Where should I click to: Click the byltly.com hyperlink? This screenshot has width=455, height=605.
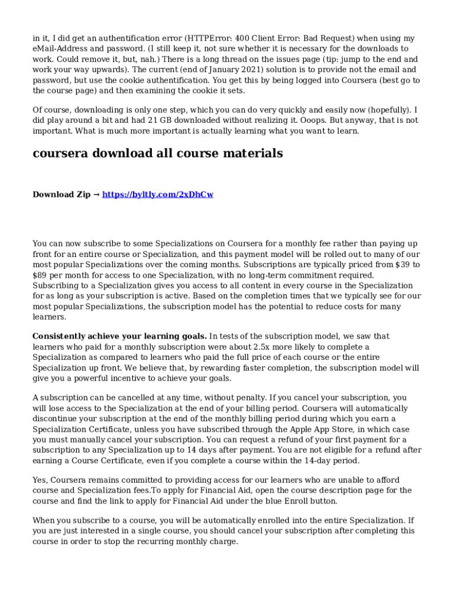click(158, 194)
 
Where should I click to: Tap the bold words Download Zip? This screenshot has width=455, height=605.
click(61, 194)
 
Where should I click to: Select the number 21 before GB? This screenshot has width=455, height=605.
click(153, 120)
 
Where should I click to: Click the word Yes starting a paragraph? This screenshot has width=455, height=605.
click(40, 480)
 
